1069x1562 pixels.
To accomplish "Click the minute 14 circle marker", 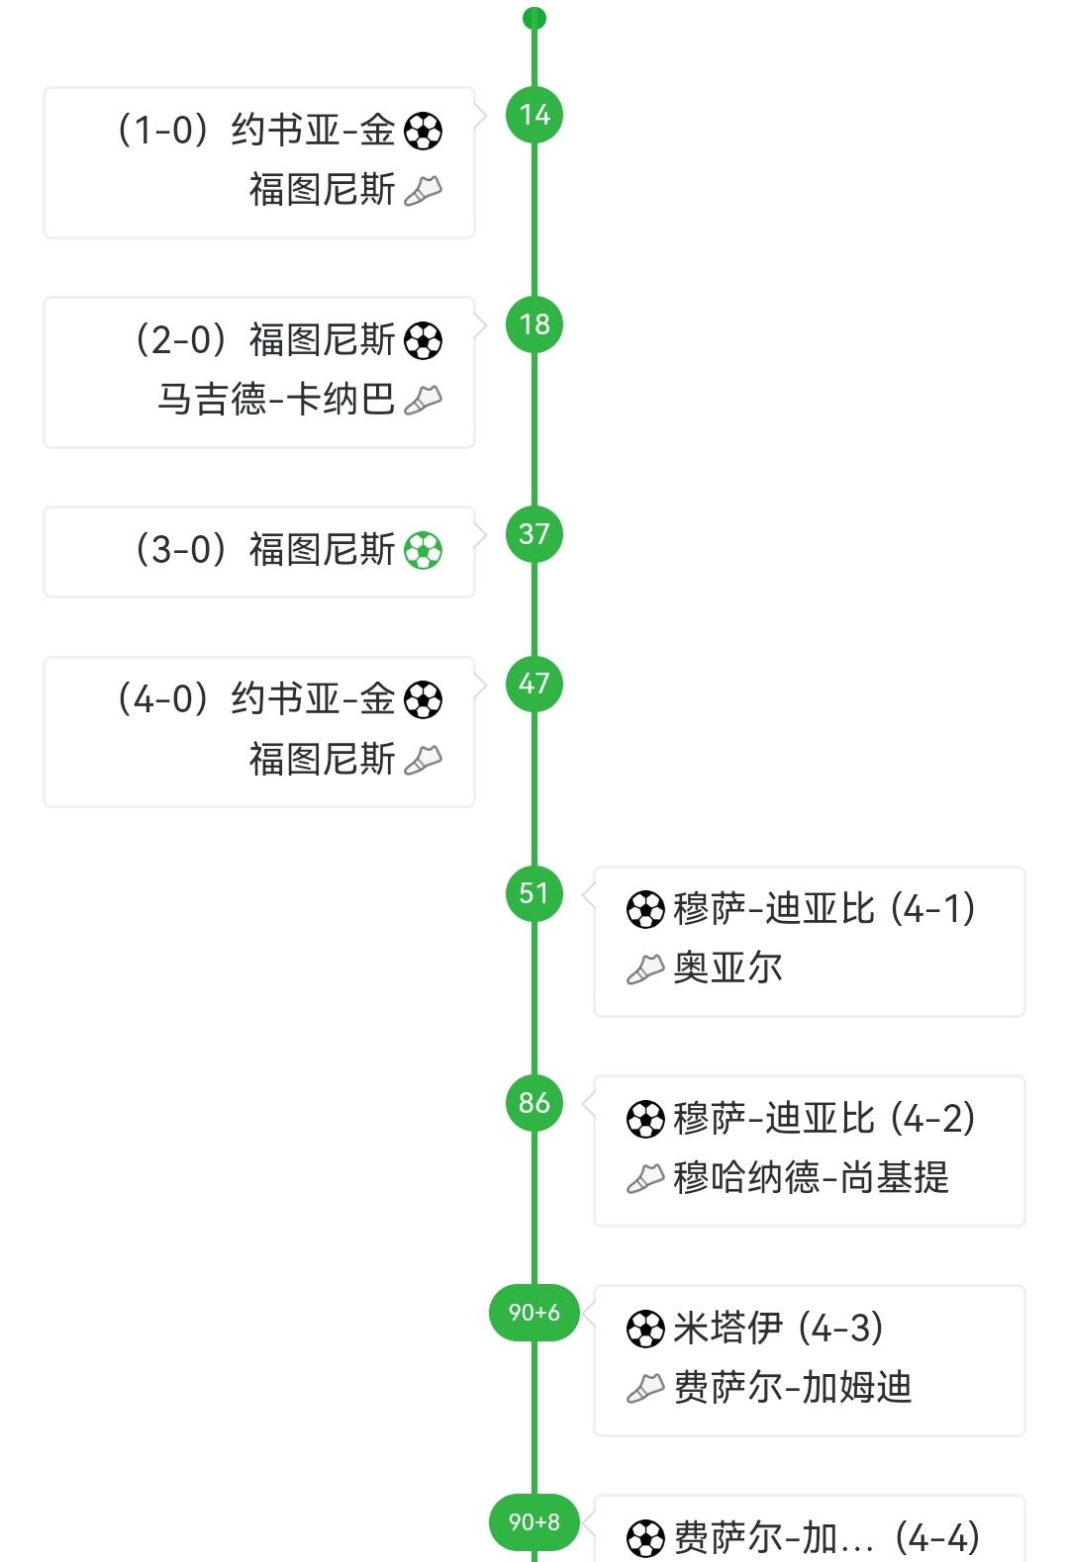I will [534, 115].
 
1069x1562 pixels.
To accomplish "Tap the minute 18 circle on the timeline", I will [534, 324].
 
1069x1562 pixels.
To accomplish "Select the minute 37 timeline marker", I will [534, 534].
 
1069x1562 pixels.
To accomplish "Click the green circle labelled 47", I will [534, 684].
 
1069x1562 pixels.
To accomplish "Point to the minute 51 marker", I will [534, 893].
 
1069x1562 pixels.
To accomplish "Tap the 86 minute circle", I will [534, 1103].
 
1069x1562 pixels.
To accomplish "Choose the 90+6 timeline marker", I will [534, 1313].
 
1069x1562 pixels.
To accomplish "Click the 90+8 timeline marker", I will [534, 1522].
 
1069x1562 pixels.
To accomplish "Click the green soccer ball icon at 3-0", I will [424, 551].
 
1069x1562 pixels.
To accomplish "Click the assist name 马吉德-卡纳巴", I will [276, 400].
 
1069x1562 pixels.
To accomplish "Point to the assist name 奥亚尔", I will [728, 968].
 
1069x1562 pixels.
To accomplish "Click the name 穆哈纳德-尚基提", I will [811, 1178].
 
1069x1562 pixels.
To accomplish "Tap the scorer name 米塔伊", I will [728, 1329].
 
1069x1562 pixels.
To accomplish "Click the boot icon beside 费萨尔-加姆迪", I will [645, 1389].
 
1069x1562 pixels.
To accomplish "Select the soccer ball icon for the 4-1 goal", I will [645, 910].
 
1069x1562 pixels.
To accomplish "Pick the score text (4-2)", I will [932, 1119].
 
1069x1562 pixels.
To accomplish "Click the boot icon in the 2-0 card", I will [424, 400].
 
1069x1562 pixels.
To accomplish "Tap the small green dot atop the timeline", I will [534, 18].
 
